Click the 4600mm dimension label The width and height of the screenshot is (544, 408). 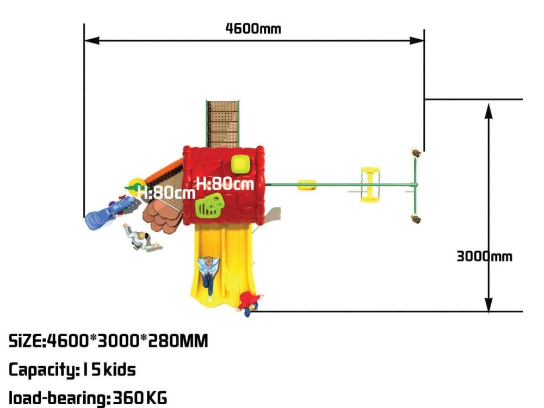pos(253,28)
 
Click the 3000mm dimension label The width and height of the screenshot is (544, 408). pos(484,256)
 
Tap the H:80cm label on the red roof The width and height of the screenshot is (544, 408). pos(225,183)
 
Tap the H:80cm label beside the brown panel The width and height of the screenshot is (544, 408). pos(166,192)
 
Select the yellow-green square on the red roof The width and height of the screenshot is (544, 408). pos(240,164)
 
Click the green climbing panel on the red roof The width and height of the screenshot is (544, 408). pos(209,205)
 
